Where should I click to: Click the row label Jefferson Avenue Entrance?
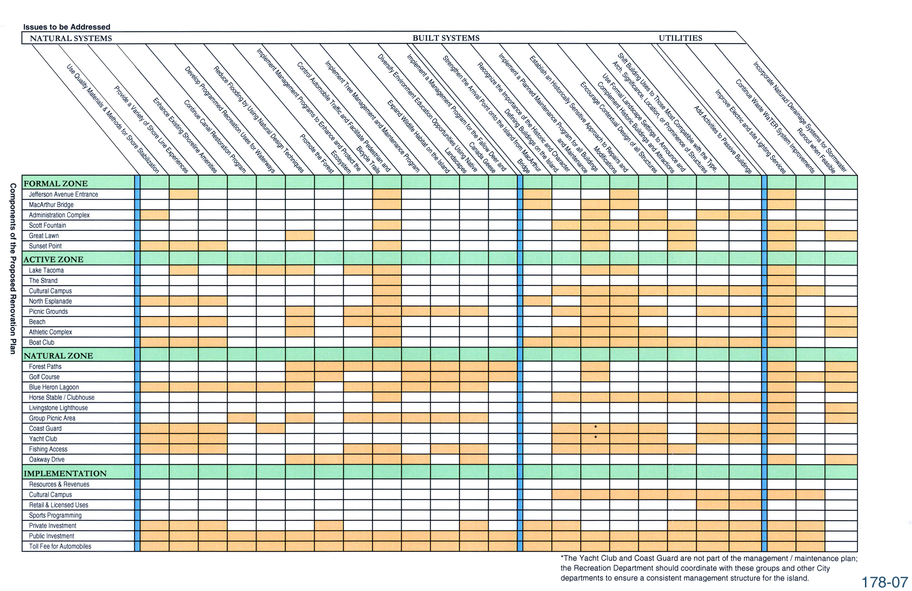tap(63, 194)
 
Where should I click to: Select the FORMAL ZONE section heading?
tap(55, 183)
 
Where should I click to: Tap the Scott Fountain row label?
tap(47, 225)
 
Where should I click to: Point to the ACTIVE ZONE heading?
tap(53, 259)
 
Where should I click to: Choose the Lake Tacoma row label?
tap(46, 270)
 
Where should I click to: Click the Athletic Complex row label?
tap(50, 332)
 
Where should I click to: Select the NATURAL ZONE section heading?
tap(58, 355)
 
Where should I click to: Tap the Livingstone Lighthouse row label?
tap(58, 408)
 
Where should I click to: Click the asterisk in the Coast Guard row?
tap(595, 427)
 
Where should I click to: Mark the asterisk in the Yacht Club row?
tap(595, 437)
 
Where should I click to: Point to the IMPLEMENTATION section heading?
tap(65, 473)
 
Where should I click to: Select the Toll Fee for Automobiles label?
tap(61, 546)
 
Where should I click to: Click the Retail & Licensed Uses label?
tap(58, 505)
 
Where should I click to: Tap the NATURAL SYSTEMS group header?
tap(71, 38)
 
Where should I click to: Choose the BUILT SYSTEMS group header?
tap(446, 38)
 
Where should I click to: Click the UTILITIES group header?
tap(681, 38)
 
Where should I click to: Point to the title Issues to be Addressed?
tap(67, 27)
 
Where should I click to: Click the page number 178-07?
tap(885, 582)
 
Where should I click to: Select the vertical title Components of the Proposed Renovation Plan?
tap(13, 269)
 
